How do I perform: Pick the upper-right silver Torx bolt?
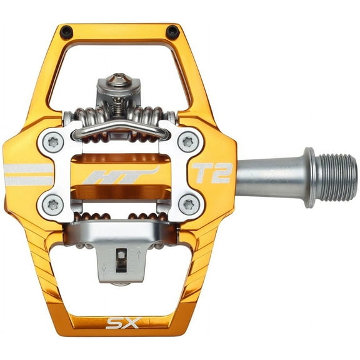point(189,141)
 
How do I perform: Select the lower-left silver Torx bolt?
point(52,202)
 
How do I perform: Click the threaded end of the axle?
point(337,177)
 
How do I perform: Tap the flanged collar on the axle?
point(309,177)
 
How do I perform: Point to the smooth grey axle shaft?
point(269,177)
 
